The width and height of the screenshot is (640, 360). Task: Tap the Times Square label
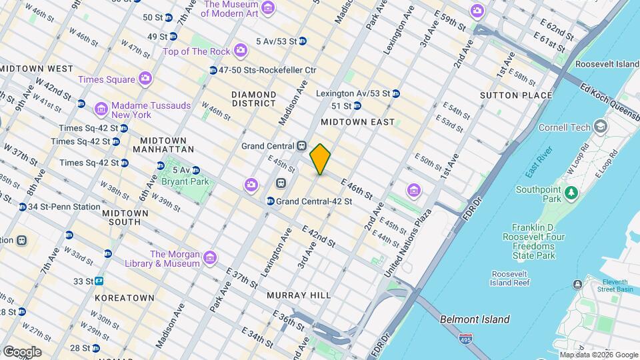(x=107, y=79)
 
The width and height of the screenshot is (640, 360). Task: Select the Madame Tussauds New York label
(x=151, y=110)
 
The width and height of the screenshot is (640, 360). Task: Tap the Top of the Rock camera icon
(x=241, y=51)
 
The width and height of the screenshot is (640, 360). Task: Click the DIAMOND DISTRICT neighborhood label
(x=253, y=99)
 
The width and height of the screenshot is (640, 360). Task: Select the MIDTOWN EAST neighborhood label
(x=357, y=122)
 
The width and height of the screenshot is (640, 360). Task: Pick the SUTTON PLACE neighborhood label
(x=516, y=95)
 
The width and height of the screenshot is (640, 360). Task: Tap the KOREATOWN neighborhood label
(x=125, y=297)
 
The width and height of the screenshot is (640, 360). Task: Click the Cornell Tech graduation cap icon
(x=601, y=127)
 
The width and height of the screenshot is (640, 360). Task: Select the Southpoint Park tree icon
(x=570, y=193)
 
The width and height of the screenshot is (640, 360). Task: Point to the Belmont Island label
(x=475, y=319)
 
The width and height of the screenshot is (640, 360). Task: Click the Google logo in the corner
(x=22, y=351)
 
